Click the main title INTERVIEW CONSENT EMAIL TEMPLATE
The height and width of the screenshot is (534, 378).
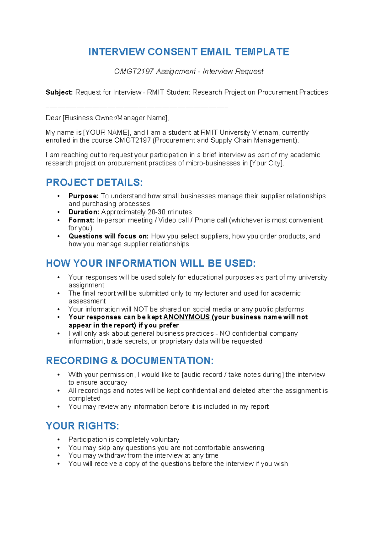coord(188,52)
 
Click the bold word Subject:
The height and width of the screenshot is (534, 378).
coord(59,92)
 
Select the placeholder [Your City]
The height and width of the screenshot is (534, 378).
coord(266,163)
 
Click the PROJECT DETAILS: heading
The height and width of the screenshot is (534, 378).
coord(94,183)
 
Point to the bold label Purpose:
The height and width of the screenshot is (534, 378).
coord(83,196)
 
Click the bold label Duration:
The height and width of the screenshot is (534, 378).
coord(84,212)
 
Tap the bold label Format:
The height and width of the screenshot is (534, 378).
coord(81,220)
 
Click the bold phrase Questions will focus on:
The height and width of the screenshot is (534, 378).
coord(109,236)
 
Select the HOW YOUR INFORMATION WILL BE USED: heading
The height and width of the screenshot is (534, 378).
coord(151,264)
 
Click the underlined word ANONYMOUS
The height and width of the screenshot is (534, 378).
coord(186,317)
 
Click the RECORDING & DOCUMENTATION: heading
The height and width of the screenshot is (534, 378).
coord(129,361)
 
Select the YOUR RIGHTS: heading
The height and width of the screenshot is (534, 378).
coord(82,426)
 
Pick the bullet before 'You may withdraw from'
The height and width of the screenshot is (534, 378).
coord(58,456)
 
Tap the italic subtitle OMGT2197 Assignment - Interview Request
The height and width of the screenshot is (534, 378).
coord(188,72)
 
